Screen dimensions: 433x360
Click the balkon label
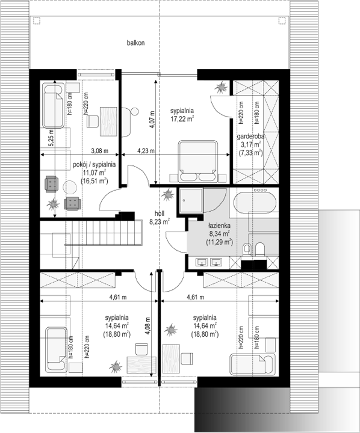135,43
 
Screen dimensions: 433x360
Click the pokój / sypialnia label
95,164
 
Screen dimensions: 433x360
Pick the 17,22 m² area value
181,120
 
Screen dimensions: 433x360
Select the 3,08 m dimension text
99,151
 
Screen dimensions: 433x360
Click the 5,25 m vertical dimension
52,140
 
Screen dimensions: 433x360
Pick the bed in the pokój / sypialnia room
53,104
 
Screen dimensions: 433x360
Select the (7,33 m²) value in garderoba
250,153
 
